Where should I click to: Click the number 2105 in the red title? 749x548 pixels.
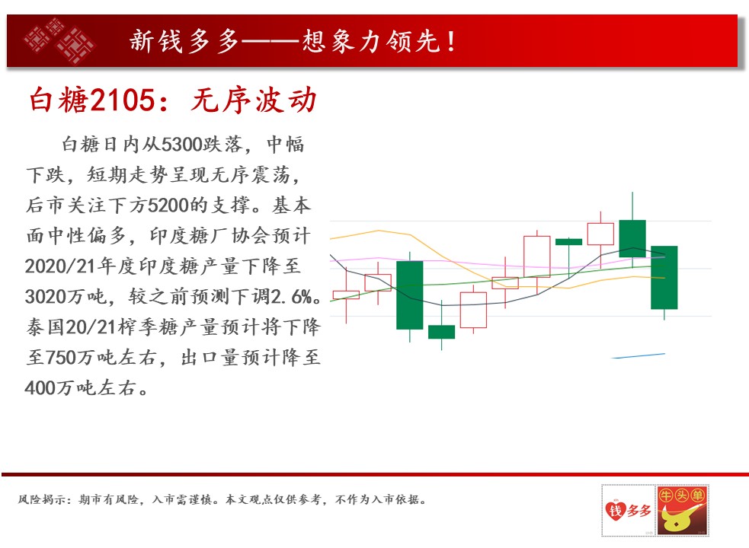(123, 100)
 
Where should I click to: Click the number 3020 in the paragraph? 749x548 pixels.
(46, 297)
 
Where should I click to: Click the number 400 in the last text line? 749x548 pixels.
(40, 388)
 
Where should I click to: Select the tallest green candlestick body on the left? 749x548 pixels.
(409, 295)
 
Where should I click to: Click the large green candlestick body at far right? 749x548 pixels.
(664, 277)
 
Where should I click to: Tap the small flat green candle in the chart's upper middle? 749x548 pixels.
(568, 242)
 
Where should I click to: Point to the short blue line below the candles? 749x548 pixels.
(639, 355)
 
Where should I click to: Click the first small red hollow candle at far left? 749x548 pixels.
(346, 295)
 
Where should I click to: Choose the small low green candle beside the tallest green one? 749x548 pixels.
(441, 332)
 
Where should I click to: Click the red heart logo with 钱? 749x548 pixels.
(616, 510)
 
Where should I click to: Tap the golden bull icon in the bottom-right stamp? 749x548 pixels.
(677, 518)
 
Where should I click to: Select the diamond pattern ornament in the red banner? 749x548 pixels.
(59, 41)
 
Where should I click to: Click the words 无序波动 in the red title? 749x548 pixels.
(254, 100)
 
